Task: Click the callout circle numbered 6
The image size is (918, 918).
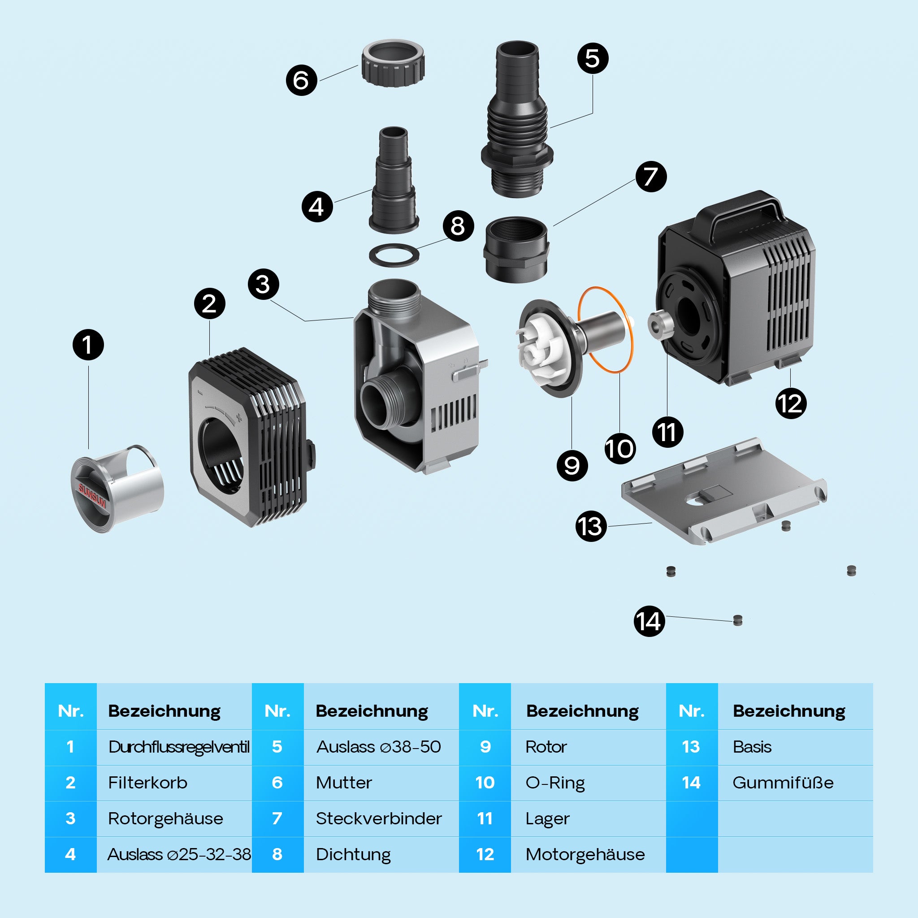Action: (301, 80)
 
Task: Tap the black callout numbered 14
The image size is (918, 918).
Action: (649, 622)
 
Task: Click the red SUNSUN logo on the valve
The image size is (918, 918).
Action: (92, 496)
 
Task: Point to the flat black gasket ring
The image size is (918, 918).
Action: (394, 255)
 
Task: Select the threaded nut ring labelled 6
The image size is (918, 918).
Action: (393, 63)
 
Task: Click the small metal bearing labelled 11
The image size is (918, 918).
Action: (658, 324)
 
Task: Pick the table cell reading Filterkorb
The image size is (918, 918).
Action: (148, 783)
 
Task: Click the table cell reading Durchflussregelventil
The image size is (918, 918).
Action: (179, 747)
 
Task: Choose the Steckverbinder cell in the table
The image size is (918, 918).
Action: (379, 818)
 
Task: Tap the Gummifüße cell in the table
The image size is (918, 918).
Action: (783, 783)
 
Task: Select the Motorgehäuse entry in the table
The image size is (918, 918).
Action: (585, 854)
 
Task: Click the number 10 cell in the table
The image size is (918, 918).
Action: (485, 783)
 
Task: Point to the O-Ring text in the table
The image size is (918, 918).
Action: (555, 783)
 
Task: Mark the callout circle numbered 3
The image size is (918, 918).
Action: (263, 285)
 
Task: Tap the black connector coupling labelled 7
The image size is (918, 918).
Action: (516, 250)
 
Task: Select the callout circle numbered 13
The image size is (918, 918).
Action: (591, 527)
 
